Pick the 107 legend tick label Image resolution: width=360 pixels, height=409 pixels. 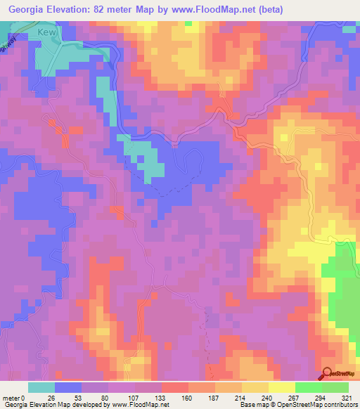[135, 398]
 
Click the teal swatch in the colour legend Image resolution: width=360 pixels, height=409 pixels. [41, 387]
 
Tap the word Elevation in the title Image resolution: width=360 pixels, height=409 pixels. [70, 10]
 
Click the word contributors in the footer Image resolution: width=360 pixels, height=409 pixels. [339, 405]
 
